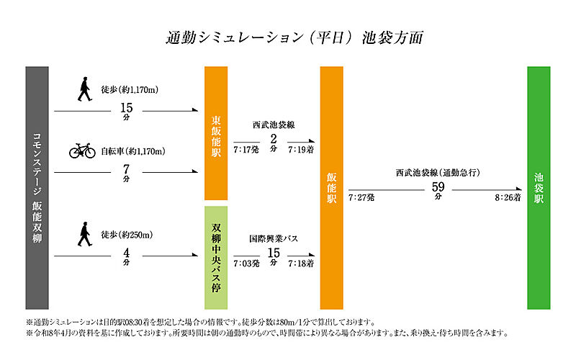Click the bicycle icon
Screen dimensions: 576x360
tap(82, 150)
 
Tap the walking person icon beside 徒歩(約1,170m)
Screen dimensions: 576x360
tap(84, 89)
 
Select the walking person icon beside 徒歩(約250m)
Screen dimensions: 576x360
tap(84, 234)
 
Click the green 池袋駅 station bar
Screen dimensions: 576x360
tap(539, 188)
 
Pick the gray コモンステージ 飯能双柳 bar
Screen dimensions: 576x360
tap(37, 188)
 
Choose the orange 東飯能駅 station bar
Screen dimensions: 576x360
tap(216, 133)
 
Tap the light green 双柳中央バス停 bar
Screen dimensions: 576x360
tap(216, 258)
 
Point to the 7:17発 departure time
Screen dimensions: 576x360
tap(246, 150)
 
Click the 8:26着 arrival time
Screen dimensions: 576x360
tap(508, 197)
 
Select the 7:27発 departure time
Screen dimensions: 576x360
tap(361, 197)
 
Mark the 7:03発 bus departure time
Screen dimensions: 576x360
tap(246, 264)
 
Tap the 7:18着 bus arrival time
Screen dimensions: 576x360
tap(301, 264)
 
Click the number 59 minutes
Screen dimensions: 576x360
tap(438, 187)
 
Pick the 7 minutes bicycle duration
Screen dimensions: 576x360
tap(127, 169)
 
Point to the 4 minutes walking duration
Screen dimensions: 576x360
tap(127, 253)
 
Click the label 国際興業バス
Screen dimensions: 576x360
tap(274, 239)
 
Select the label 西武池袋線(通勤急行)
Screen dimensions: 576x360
tap(438, 172)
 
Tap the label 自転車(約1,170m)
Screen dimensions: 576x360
tap(133, 151)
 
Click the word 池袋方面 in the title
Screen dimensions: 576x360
tap(392, 37)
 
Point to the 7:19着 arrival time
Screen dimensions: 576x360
tap(301, 150)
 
